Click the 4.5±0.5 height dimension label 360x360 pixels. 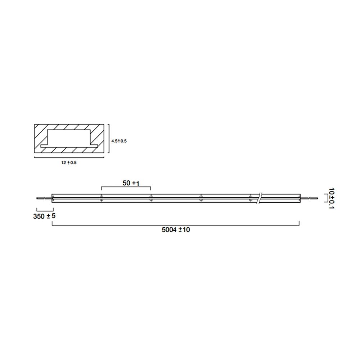pos(119,141)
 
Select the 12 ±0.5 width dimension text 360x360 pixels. pos(69,163)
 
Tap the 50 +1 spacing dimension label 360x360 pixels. pos(131,183)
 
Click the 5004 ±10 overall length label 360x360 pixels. pos(176,230)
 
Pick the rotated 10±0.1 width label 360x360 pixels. pos(332,198)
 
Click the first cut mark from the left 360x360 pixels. pos(102,198)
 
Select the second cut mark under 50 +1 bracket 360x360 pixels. pos(151,198)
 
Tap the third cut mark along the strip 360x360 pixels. pos(201,198)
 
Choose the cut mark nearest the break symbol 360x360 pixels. pos(251,198)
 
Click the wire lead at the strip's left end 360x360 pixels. pos(44,198)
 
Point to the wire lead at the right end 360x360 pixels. pos(309,198)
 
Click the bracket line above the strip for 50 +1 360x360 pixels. pos(126,187)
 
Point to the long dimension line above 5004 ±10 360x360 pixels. pos(176,225)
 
